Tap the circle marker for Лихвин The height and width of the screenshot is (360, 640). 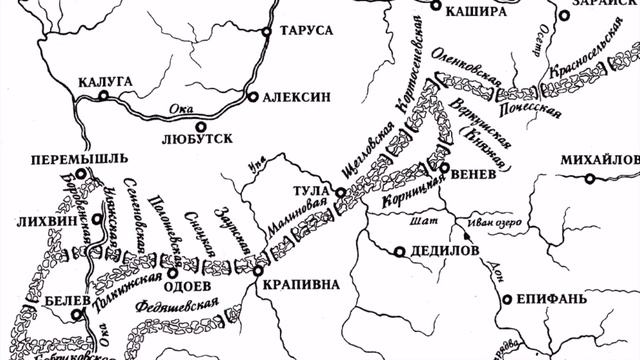tap(97, 219)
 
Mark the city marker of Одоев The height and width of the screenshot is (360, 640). tap(171, 272)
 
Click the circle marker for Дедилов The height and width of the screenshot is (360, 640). tap(400, 251)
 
